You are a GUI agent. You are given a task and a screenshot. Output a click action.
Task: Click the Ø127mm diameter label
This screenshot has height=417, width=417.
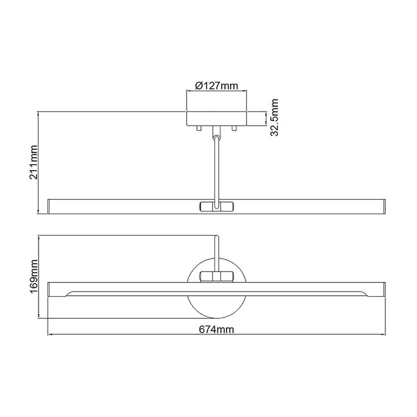point(216,85)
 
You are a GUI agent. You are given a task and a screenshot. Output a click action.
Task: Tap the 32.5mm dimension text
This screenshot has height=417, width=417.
point(275,118)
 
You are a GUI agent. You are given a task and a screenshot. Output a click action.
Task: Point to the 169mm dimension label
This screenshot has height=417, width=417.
point(34,277)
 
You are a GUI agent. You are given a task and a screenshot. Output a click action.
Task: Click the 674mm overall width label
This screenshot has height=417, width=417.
point(216,329)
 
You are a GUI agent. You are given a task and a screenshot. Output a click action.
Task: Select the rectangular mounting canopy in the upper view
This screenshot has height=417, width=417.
point(216,118)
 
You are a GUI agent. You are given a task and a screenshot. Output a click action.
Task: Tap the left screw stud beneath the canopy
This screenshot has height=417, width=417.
point(198,129)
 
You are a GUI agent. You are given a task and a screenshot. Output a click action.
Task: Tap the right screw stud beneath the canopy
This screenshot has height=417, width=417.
point(234,129)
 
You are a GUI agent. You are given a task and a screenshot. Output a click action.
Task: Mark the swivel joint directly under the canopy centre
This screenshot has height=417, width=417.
point(216,131)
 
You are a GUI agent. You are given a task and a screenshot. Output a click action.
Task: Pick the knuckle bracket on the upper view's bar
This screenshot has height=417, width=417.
point(216,206)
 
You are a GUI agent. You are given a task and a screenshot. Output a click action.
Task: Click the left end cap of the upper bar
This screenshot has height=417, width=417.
point(49,206)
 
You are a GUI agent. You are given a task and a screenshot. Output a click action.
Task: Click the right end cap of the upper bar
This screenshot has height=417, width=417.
point(384,206)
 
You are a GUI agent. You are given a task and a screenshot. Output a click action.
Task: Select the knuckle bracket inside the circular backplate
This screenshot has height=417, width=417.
point(216,277)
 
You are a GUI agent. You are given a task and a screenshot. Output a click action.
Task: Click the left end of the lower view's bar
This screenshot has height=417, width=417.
point(49,289)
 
